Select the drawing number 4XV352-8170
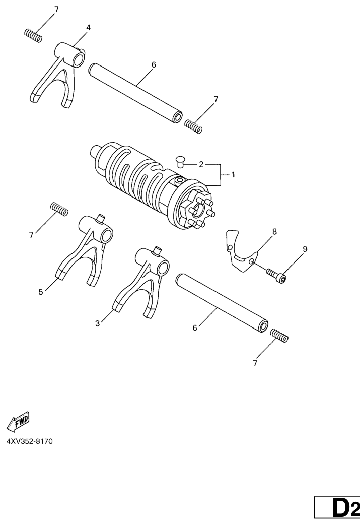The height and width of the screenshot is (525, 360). point(29,441)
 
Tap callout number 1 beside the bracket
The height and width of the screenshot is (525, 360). point(233,174)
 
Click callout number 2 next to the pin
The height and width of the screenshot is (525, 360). point(201,164)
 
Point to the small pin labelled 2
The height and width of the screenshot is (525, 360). point(181,162)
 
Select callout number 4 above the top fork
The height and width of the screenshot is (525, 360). point(88,27)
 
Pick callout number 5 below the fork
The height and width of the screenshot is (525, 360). point(41,292)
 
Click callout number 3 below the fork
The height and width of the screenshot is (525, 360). point(97,323)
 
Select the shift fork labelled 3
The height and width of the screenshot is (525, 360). point(142,280)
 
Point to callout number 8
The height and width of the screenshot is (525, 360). point(274,231)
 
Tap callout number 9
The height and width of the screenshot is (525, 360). point(305,249)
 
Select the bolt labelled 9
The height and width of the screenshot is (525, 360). point(276,275)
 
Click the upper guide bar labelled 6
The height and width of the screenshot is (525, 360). point(136,94)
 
